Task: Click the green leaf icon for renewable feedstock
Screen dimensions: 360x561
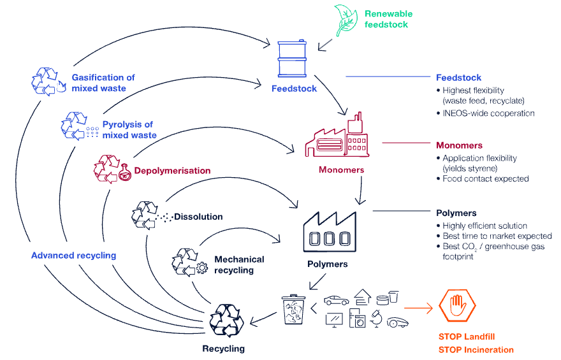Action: pyautogui.click(x=347, y=19)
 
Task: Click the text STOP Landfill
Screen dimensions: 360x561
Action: pyautogui.click(x=467, y=336)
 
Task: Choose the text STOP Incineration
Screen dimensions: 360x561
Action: pyautogui.click(x=476, y=350)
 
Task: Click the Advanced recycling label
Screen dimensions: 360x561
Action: pyautogui.click(x=74, y=256)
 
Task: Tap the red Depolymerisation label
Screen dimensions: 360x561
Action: pyautogui.click(x=172, y=171)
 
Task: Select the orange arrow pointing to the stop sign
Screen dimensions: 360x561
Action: pyautogui.click(x=418, y=309)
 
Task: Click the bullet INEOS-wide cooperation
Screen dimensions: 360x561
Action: pyautogui.click(x=488, y=113)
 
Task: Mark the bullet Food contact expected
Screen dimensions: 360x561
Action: pyautogui.click(x=485, y=179)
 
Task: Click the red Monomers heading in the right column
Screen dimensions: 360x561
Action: pyautogui.click(x=459, y=145)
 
